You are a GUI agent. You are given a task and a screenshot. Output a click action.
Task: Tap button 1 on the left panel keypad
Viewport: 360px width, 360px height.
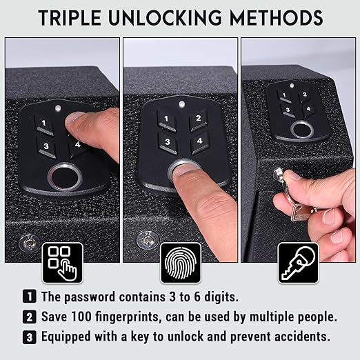[43, 123]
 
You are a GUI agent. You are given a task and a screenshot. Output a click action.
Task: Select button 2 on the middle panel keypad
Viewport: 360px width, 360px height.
[198, 118]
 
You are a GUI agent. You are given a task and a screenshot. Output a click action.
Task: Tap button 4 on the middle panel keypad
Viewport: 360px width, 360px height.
[199, 141]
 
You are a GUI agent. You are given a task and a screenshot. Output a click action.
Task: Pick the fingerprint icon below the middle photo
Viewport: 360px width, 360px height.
[180, 263]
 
